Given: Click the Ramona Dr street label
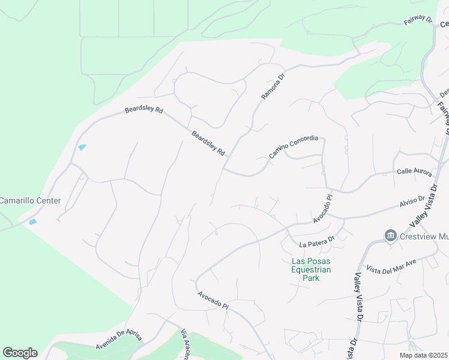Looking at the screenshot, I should pyautogui.click(x=273, y=86).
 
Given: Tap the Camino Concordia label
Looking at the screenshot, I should pyautogui.click(x=293, y=146).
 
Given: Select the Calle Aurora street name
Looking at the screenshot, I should pyautogui.click(x=414, y=172).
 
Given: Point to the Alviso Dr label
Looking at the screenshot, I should pyautogui.click(x=412, y=202).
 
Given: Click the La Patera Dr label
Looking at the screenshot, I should pyautogui.click(x=316, y=241).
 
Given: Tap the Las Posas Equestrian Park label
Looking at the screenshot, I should pyautogui.click(x=311, y=269).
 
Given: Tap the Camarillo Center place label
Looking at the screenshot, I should pyautogui.click(x=30, y=200).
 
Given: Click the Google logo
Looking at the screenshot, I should pyautogui.click(x=20, y=353).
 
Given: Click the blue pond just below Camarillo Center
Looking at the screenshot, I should pyautogui.click(x=32, y=221).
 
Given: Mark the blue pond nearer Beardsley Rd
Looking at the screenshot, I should pyautogui.click(x=82, y=147).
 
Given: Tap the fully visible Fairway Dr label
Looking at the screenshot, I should pyautogui.click(x=417, y=20).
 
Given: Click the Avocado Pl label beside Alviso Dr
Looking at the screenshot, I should pyautogui.click(x=322, y=208).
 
